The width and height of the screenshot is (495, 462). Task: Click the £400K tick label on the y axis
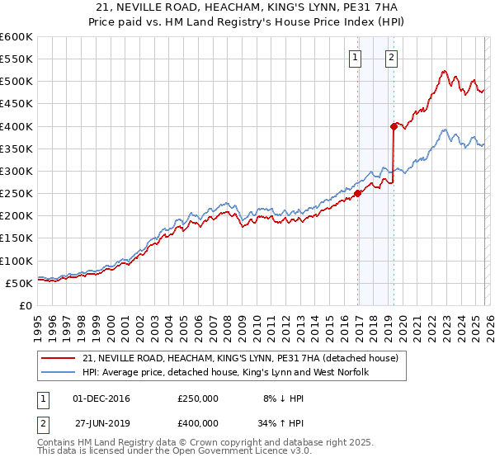tap(16, 126)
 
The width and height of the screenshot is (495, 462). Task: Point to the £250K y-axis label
tap(16, 193)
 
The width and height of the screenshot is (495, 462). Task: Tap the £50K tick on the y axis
tap(19, 283)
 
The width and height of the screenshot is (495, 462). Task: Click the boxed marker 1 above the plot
tap(356, 58)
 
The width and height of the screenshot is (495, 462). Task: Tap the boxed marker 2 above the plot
tap(390, 58)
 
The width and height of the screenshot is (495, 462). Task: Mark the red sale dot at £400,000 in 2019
tap(394, 126)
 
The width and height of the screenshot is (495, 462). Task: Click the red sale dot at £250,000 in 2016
tap(357, 194)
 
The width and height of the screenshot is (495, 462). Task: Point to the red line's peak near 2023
tap(444, 71)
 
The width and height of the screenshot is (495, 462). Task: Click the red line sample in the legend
tap(59, 358)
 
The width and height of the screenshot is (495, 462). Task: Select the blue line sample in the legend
tap(59, 372)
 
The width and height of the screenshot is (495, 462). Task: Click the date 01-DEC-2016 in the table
tap(101, 398)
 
